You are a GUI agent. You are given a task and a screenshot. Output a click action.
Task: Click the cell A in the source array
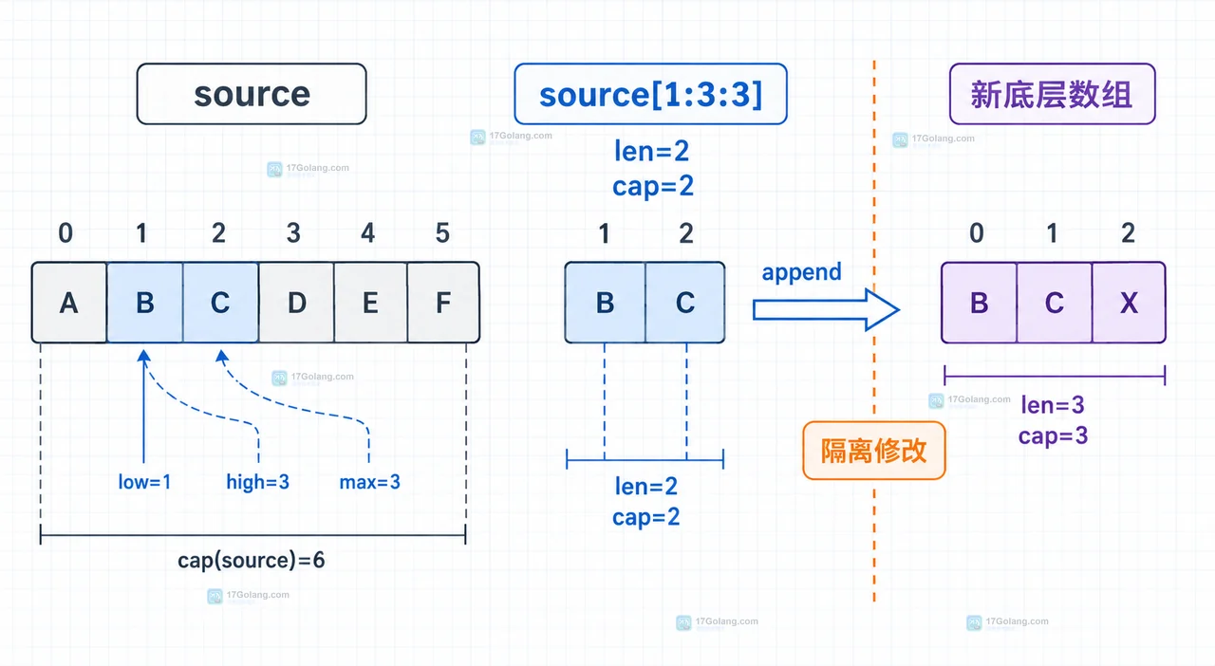point(69,303)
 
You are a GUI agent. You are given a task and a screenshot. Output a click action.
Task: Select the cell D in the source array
point(297,303)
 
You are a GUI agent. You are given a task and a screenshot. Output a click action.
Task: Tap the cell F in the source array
point(443,303)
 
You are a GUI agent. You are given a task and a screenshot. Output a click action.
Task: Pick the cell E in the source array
point(370,303)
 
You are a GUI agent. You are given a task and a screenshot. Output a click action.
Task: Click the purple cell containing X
point(1129,303)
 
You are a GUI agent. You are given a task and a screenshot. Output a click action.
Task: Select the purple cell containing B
point(979,303)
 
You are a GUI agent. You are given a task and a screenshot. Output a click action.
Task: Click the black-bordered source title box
point(252,94)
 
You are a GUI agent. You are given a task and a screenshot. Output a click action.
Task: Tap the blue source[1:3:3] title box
point(651,94)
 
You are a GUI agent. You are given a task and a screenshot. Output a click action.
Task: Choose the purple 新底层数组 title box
point(1053,94)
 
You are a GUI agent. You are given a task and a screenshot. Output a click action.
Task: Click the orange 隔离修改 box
point(874,451)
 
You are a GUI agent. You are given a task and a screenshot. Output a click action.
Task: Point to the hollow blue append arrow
point(826,309)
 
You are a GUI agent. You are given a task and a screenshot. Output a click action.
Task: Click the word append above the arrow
point(802,271)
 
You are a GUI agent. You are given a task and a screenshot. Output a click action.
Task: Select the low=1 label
point(144,482)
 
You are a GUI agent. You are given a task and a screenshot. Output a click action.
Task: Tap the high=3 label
point(257,482)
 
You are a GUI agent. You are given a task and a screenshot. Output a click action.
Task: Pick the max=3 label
point(369,482)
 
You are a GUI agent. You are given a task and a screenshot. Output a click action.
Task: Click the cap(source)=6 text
point(252,560)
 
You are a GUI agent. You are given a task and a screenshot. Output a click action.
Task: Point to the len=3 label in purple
point(1053,405)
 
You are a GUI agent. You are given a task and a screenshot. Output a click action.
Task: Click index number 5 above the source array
point(442,233)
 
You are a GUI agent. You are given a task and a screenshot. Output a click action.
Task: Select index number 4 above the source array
point(367,233)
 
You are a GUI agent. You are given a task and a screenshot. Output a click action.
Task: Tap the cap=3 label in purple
point(1053,435)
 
